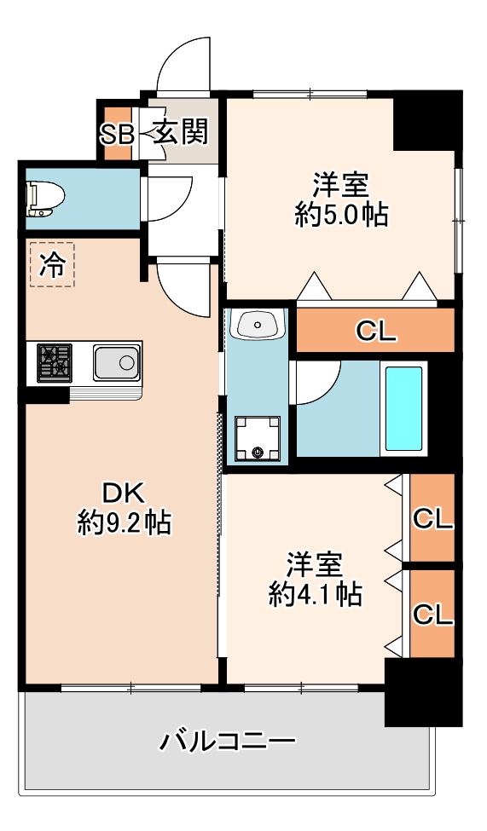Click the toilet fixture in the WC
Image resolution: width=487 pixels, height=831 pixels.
tap(45, 199)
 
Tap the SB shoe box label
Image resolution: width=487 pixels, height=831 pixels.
tap(116, 135)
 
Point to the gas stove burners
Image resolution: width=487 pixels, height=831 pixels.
tap(54, 362)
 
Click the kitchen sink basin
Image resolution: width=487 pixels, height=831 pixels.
tap(117, 362)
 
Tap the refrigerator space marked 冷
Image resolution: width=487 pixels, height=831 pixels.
tap(52, 264)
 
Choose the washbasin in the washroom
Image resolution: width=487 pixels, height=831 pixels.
tap(258, 324)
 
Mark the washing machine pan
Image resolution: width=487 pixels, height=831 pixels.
tap(258, 438)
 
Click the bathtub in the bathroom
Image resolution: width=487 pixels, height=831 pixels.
tap(403, 408)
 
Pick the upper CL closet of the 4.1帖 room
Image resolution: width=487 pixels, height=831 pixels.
tap(433, 518)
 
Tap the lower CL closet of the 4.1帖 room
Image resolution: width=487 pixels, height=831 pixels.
tap(433, 614)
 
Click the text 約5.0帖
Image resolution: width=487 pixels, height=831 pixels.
tap(341, 215)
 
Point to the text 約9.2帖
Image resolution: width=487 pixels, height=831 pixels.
tap(125, 522)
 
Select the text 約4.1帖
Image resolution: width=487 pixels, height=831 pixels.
tap(315, 594)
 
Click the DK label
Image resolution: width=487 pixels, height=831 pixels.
tap(123, 494)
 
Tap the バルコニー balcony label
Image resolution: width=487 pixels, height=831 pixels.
tap(228, 741)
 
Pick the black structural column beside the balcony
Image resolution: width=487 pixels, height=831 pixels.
tap(423, 691)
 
